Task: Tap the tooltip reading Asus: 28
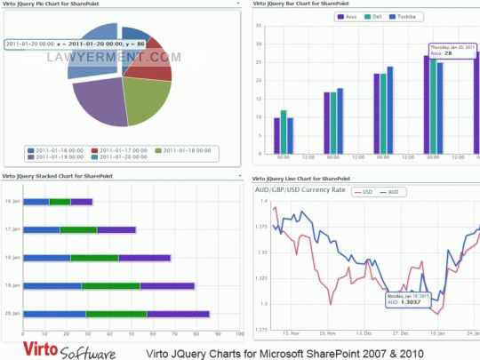click(x=452, y=50)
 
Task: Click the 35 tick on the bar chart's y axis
click(x=258, y=26)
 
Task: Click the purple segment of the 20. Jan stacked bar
click(x=178, y=313)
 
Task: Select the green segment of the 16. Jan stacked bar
click(x=60, y=202)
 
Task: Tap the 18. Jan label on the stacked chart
click(x=12, y=258)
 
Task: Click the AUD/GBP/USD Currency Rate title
click(x=300, y=189)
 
